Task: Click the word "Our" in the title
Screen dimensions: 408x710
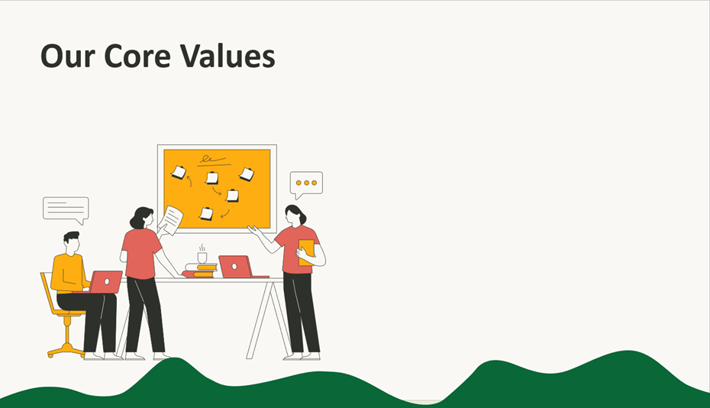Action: click(66, 56)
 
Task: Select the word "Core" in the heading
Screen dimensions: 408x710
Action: click(137, 56)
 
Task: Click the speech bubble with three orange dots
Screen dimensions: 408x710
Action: click(306, 183)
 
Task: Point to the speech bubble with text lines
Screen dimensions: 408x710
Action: click(65, 208)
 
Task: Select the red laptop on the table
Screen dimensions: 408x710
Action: click(235, 267)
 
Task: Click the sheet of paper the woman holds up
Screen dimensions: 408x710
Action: click(171, 220)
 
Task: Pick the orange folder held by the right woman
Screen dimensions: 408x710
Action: click(305, 252)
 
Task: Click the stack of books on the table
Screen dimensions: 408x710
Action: click(199, 270)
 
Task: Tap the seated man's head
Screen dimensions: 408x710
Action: click(72, 244)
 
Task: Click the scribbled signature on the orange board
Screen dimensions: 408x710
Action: click(212, 160)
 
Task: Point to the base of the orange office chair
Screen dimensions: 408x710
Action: click(66, 351)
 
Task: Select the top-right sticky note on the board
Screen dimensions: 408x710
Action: click(247, 174)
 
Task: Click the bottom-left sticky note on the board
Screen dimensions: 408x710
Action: click(206, 213)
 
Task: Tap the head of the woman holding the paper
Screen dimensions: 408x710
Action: click(142, 218)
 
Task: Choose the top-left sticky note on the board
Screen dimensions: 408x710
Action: click(179, 172)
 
